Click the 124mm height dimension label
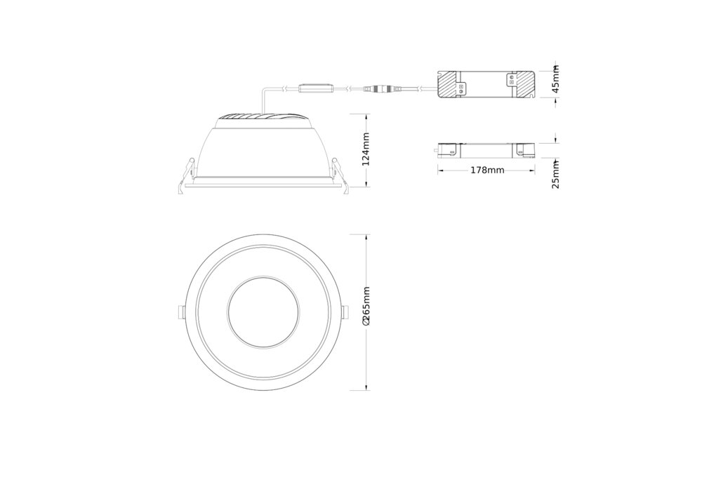(366, 149)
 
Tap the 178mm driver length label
(487, 170)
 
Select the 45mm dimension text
(555, 79)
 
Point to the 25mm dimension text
(555, 175)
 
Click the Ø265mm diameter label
(366, 306)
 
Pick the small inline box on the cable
(316, 88)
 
